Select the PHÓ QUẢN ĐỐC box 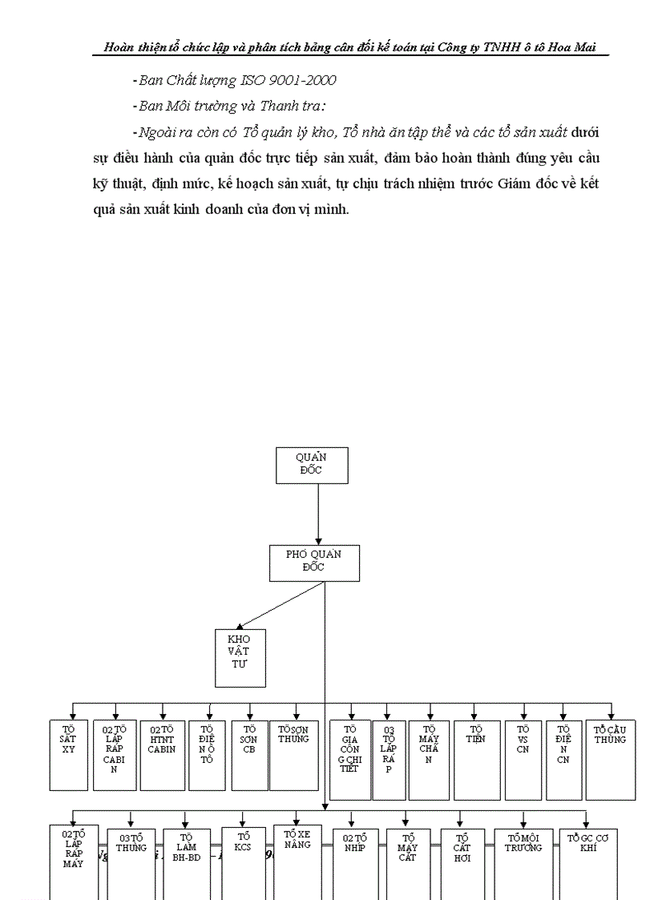click(x=313, y=563)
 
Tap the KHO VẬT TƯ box click(x=240, y=657)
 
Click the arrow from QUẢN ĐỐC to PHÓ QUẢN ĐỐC click(x=318, y=514)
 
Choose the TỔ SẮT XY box click(x=69, y=754)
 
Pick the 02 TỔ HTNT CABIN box click(x=162, y=754)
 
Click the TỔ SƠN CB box click(x=249, y=754)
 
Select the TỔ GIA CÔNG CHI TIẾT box click(x=350, y=759)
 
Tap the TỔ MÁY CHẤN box click(x=428, y=759)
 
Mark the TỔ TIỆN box click(x=477, y=759)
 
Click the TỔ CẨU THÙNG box click(x=610, y=759)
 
